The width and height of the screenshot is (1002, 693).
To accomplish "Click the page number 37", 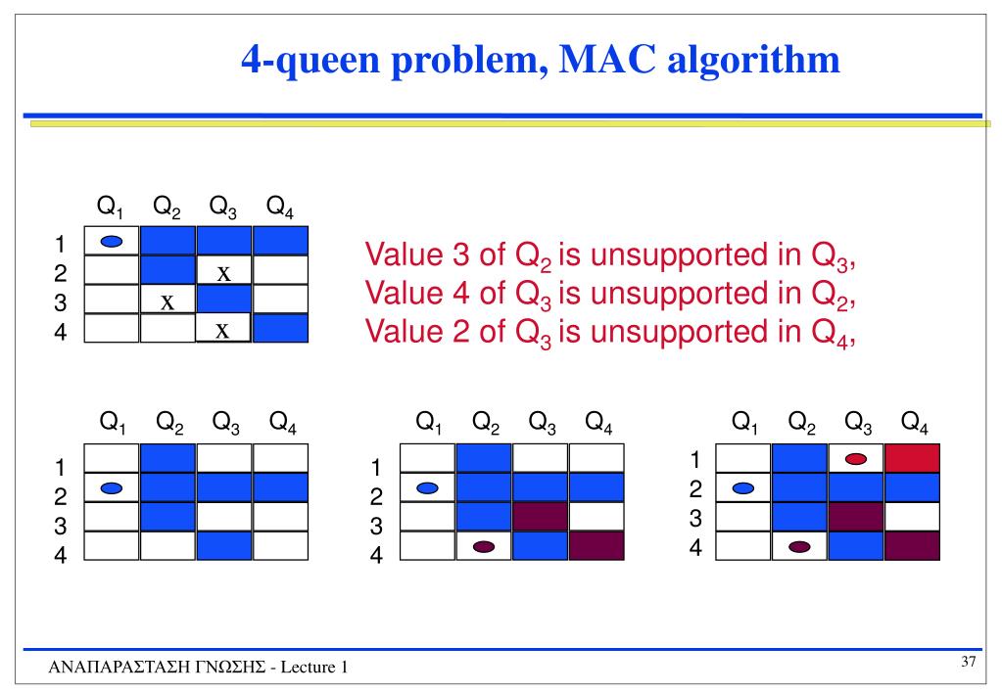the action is tap(969, 663).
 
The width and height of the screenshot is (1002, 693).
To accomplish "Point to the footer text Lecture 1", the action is tap(315, 668).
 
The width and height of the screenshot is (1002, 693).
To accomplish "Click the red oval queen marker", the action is tap(856, 458).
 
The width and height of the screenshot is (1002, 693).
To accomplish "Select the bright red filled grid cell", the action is tap(912, 458).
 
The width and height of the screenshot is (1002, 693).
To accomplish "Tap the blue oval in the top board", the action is tap(112, 241).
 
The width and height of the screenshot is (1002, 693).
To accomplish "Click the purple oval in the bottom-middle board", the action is tap(484, 546).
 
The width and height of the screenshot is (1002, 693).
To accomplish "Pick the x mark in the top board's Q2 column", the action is tap(167, 301).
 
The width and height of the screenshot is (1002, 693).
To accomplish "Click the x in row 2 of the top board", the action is tap(223, 272).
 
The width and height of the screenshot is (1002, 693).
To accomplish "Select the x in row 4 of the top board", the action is tap(223, 331).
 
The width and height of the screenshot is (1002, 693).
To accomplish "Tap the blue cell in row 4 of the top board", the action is tap(280, 329).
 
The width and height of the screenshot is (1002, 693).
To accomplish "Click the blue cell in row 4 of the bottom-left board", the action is tap(224, 546).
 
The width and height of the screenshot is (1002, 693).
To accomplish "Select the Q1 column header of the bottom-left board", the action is tap(113, 423).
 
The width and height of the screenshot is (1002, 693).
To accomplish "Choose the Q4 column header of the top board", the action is tap(279, 208).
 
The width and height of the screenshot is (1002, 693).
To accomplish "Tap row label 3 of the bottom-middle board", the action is tap(376, 526).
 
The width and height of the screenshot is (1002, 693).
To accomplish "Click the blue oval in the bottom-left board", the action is tap(112, 487).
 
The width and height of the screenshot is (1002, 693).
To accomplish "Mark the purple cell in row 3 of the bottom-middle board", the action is tap(540, 517).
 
